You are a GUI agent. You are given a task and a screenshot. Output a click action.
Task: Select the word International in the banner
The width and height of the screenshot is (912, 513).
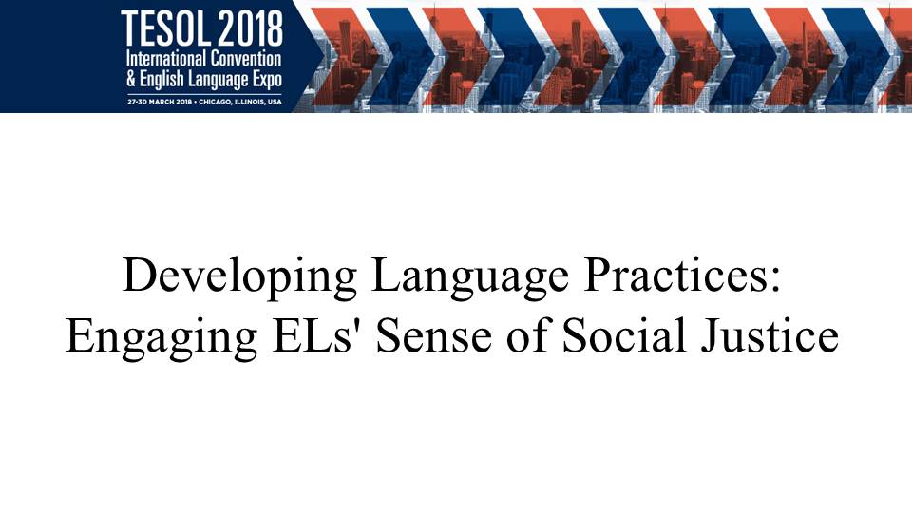click(x=165, y=59)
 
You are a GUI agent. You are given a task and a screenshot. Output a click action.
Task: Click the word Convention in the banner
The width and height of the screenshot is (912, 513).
click(x=246, y=59)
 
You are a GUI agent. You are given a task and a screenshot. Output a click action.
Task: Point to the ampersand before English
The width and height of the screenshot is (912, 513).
click(x=131, y=79)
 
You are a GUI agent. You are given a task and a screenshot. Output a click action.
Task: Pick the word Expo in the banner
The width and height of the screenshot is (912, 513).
click(x=268, y=80)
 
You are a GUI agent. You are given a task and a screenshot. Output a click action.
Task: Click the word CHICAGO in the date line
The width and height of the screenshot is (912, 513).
click(x=214, y=102)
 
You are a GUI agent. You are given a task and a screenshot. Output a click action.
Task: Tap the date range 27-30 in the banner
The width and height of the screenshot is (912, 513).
click(x=137, y=102)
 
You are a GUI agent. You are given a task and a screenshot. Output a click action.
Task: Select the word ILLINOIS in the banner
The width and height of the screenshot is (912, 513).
click(x=248, y=102)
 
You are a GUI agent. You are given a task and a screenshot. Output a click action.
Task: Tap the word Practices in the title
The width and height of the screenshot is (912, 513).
click(x=674, y=275)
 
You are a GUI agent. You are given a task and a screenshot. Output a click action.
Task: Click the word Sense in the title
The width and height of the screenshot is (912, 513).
click(x=434, y=335)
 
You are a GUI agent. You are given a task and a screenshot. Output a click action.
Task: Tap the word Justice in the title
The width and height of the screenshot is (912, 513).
click(x=769, y=335)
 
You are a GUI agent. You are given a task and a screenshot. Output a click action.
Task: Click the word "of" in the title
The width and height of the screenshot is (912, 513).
click(x=527, y=335)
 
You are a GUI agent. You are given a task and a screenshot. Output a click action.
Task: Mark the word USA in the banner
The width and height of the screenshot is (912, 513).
click(x=275, y=102)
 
